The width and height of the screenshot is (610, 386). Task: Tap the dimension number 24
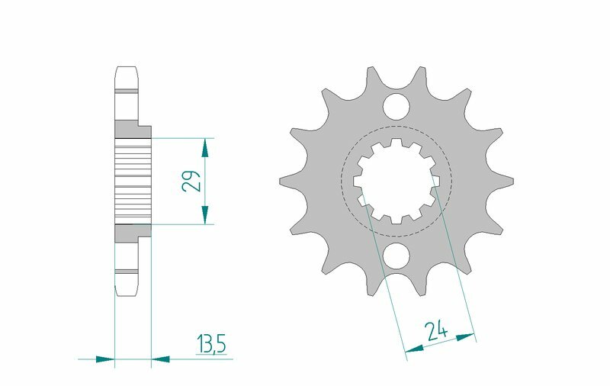pyautogui.click(x=437, y=330)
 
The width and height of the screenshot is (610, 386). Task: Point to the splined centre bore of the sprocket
pyautogui.click(x=396, y=181)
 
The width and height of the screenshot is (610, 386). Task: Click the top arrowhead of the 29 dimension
pyautogui.click(x=204, y=143)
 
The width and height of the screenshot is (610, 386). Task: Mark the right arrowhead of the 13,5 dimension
pyautogui.click(x=160, y=357)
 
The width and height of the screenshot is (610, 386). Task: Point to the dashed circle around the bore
pyautogui.click(x=451, y=181)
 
